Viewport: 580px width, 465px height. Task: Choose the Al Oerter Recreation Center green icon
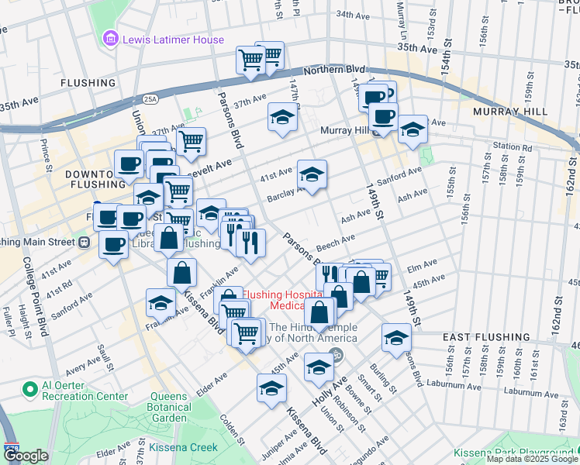pos(30,388)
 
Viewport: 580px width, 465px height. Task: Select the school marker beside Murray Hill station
pos(413,129)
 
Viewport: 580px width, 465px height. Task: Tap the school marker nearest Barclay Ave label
pos(312,174)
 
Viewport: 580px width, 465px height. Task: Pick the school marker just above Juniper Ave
pos(271,388)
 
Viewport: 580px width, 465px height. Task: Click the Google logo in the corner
pos(26,456)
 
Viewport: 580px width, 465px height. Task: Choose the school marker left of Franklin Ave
pos(161,301)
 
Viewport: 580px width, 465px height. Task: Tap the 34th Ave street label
pos(353,15)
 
